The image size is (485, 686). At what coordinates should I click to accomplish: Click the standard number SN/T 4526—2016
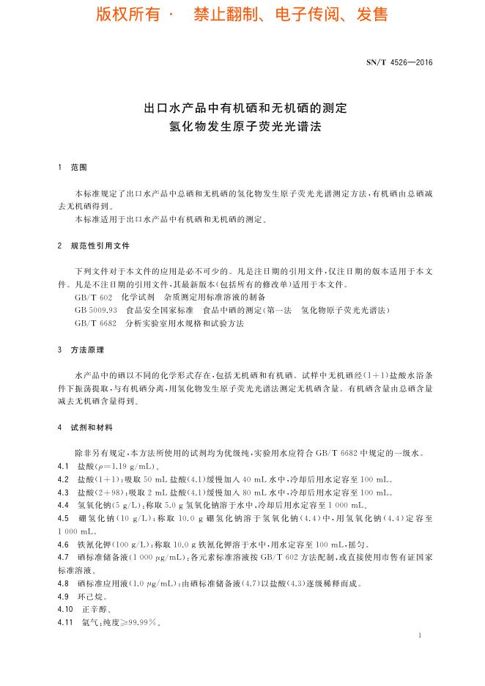point(399,62)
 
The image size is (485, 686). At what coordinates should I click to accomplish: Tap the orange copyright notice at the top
point(242,15)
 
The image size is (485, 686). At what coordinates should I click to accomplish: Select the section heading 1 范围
point(72,168)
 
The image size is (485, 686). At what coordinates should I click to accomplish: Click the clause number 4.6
point(63,545)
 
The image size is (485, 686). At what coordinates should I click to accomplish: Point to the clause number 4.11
point(65,623)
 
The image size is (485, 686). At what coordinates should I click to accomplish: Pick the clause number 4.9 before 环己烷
point(63,597)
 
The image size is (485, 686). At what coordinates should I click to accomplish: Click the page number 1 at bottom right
point(420,635)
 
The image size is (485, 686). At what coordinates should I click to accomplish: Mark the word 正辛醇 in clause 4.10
point(95,610)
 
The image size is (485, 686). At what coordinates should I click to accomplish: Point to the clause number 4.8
point(63,583)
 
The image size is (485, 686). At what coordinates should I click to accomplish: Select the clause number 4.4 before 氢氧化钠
point(63,506)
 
